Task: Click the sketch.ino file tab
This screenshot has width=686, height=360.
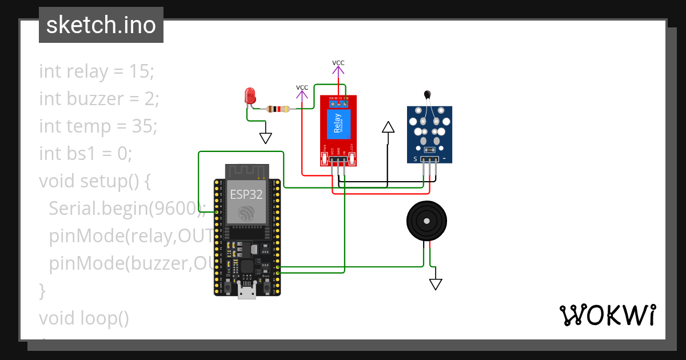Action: tap(101, 25)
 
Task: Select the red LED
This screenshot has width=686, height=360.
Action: tap(250, 96)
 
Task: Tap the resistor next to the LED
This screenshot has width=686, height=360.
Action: tap(277, 109)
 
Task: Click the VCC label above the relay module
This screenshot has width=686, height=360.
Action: tap(338, 63)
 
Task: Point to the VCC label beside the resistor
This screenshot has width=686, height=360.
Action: tap(302, 87)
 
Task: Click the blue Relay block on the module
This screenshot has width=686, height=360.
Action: tap(338, 124)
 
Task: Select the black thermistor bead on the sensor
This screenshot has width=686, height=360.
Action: tap(426, 95)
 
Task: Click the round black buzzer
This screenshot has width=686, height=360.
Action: tap(426, 221)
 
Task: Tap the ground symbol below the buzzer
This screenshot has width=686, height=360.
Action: tap(436, 284)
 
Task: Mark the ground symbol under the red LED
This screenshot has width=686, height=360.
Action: tap(266, 138)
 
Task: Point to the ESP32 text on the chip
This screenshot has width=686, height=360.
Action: tap(246, 194)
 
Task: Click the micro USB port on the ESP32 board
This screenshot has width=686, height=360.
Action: tap(247, 292)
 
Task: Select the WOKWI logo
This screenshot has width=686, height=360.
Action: tap(607, 315)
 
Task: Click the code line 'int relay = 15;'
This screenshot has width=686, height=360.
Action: tap(97, 71)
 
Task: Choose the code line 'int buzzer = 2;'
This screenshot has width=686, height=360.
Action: tap(99, 99)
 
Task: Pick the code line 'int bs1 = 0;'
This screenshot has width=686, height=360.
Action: tap(86, 153)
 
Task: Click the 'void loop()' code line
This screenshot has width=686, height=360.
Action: tap(84, 318)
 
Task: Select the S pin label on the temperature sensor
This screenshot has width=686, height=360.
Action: tap(415, 158)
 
